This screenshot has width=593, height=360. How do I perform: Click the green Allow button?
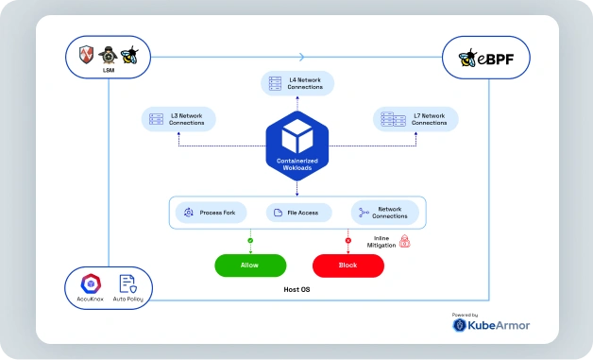click(x=249, y=266)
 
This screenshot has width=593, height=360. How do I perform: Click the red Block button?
click(x=347, y=266)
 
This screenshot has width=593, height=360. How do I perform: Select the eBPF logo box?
click(x=485, y=60)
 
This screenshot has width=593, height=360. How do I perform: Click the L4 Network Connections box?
click(x=297, y=84)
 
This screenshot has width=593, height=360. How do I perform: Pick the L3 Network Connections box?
click(x=179, y=119)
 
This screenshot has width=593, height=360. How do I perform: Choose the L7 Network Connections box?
click(x=416, y=119)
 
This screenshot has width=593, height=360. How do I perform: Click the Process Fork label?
click(x=216, y=213)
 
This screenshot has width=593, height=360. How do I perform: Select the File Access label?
click(x=303, y=213)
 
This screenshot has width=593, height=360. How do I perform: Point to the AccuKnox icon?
click(x=91, y=283)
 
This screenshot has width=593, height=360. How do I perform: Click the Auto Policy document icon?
click(x=127, y=283)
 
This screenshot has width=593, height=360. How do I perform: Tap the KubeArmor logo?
click(x=491, y=325)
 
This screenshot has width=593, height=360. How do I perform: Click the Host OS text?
click(x=298, y=290)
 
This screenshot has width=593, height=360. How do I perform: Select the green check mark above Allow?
click(x=250, y=241)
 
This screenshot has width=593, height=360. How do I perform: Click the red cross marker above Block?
click(x=348, y=241)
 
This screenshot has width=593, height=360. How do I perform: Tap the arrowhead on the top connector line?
click(x=301, y=57)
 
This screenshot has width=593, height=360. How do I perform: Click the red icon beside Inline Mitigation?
click(x=405, y=242)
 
